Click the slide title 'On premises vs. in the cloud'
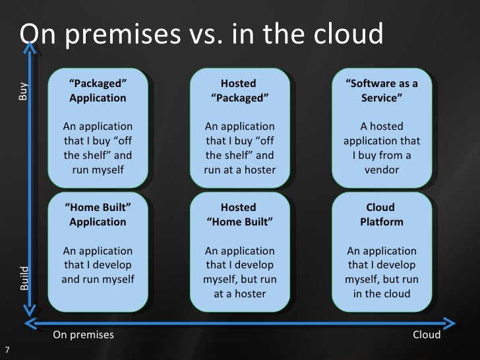pos(201,34)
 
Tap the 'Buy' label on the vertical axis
pos(24,91)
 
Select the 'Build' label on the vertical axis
pos(24,279)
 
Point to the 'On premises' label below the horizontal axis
pos(83,334)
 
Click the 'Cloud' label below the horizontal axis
pos(427,334)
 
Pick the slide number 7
pos(7,349)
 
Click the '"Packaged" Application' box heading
pos(98,90)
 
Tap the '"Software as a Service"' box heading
pos(382,90)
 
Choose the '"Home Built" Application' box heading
pos(98,214)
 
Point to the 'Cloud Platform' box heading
pos(382,214)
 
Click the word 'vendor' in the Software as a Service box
pos(382,170)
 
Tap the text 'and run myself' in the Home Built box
pos(98,279)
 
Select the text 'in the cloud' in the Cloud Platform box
pos(382,293)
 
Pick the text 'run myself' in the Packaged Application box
pos(98,170)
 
